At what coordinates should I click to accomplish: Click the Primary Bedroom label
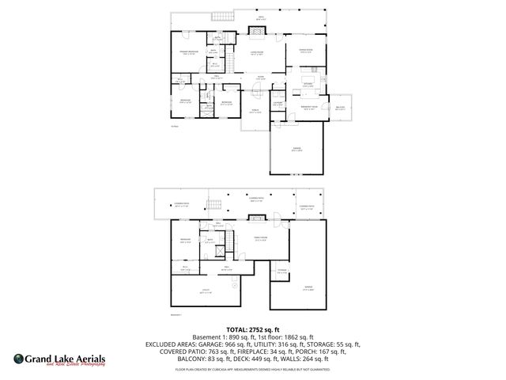tap(188, 51)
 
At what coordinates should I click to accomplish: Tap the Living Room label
tap(257, 53)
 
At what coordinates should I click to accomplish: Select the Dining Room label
tap(305, 51)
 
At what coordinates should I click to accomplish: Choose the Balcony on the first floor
tap(340, 108)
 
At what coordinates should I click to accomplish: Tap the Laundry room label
tap(278, 103)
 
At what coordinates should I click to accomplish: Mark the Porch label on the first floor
tap(255, 111)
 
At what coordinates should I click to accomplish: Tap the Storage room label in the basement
tap(281, 272)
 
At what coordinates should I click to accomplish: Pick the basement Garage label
tap(308, 288)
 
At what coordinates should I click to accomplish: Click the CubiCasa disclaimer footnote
tap(254, 369)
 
